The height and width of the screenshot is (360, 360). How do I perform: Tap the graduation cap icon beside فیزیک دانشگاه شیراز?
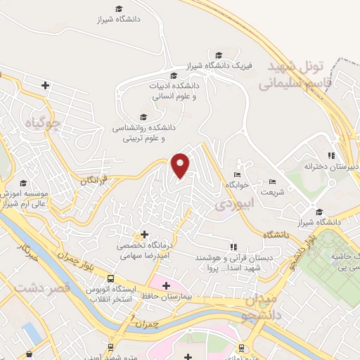tap(219, 55)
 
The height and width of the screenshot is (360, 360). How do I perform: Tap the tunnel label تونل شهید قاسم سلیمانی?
tap(293, 76)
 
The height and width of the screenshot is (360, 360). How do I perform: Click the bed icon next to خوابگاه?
tap(237, 174)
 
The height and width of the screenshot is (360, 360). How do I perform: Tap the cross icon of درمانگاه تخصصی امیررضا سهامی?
tap(144, 233)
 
